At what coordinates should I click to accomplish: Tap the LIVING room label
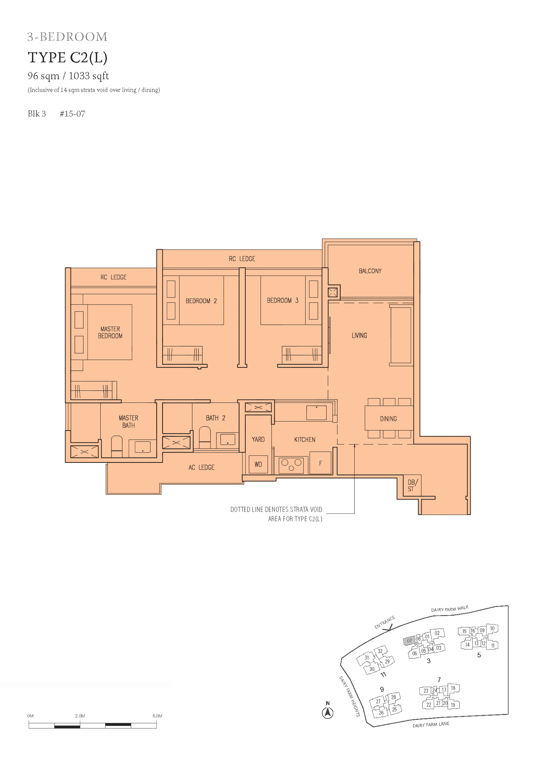click(x=359, y=336)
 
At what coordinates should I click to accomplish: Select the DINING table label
click(x=388, y=419)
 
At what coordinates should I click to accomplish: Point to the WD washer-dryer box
click(x=258, y=464)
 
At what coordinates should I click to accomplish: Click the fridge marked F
click(x=320, y=463)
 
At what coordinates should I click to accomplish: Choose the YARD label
click(x=258, y=439)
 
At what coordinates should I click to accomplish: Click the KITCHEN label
click(x=305, y=440)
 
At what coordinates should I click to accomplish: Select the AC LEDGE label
click(x=201, y=467)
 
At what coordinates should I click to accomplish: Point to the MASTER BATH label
click(x=128, y=421)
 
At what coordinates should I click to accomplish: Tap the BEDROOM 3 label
click(x=283, y=301)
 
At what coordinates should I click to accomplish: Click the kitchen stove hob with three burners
click(x=291, y=465)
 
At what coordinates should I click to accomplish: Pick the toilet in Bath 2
click(x=205, y=437)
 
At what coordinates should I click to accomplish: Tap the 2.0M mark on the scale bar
click(x=80, y=716)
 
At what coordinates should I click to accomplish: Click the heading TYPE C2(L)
click(x=68, y=58)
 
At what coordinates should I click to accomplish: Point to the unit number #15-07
click(x=72, y=114)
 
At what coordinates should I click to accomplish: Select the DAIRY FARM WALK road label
click(x=450, y=609)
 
